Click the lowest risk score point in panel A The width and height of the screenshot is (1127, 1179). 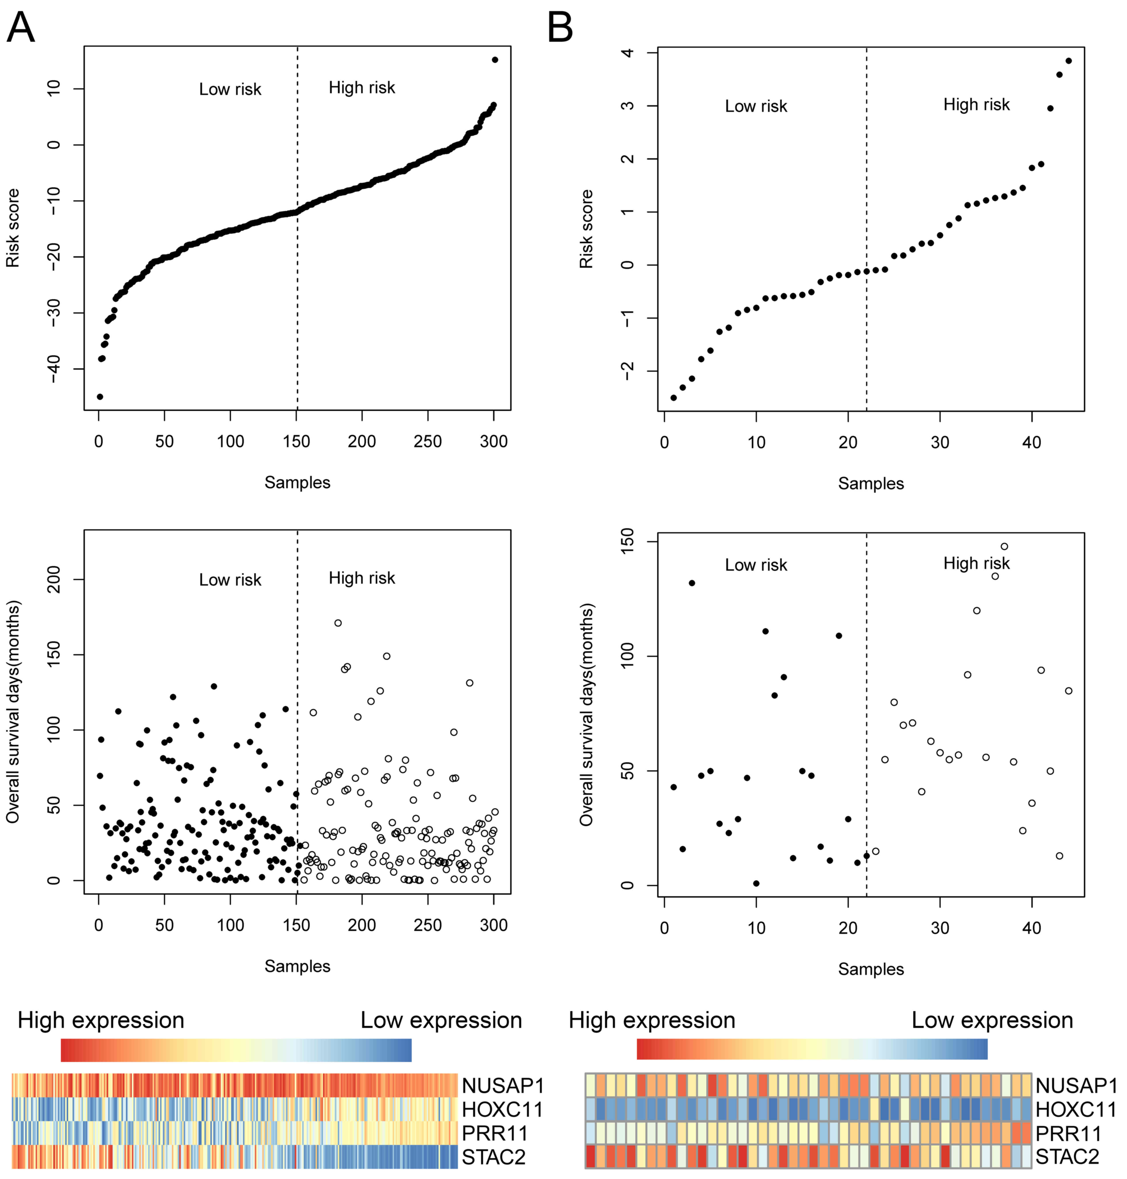[100, 396]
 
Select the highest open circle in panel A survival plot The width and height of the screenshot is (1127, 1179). [338, 623]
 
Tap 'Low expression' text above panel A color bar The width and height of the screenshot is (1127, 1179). [441, 1020]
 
